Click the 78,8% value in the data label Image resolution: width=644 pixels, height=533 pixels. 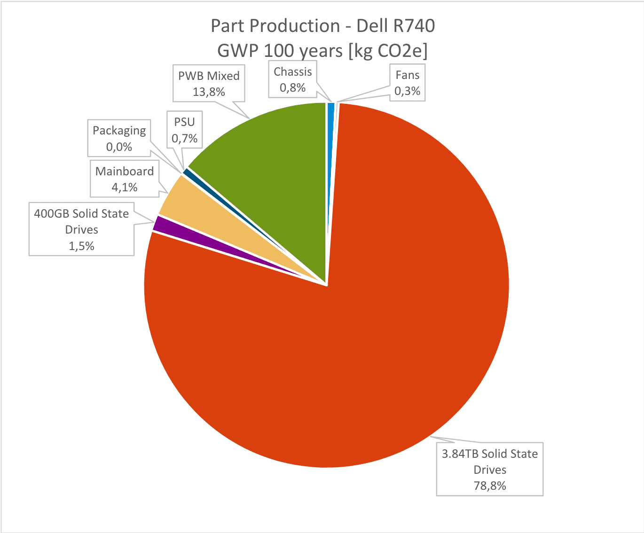tap(490, 486)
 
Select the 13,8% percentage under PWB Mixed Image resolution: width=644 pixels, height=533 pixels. tap(209, 92)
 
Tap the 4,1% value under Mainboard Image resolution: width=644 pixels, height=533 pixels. tap(124, 187)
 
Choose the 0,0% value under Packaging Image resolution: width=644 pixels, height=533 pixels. tap(119, 147)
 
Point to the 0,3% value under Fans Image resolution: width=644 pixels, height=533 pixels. tap(407, 91)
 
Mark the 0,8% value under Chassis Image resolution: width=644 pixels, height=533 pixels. tap(292, 87)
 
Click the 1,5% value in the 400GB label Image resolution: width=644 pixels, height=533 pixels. tap(81, 246)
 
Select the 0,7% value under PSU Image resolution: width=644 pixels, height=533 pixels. tap(184, 139)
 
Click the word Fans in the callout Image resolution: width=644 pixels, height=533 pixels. tap(408, 75)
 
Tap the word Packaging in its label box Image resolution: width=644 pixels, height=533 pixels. tap(119, 131)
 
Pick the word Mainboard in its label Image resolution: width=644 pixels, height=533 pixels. tap(124, 171)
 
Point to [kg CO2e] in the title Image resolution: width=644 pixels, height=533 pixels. tap(388, 51)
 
